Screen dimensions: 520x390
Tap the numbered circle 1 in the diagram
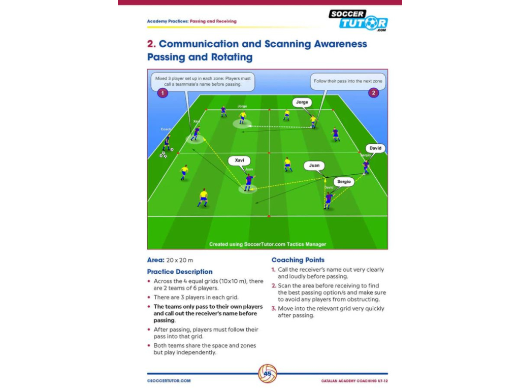click(x=162, y=93)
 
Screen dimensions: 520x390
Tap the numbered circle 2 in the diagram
click(x=373, y=93)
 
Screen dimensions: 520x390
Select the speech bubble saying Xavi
click(x=239, y=160)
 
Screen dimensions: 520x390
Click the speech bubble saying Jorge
click(x=302, y=102)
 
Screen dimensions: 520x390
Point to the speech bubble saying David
click(x=375, y=148)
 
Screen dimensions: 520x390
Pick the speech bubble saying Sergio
click(x=344, y=181)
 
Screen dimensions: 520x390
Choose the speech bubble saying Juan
click(x=314, y=166)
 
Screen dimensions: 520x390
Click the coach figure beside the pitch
click(x=167, y=142)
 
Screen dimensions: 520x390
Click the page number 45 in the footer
click(x=268, y=375)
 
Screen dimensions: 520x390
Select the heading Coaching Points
click(x=298, y=260)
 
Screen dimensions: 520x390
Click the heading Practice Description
click(x=180, y=272)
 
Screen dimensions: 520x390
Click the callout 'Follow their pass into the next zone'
click(x=348, y=81)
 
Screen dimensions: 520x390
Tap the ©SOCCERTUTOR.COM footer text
click(x=169, y=380)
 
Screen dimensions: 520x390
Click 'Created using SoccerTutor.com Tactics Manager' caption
click(x=268, y=244)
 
